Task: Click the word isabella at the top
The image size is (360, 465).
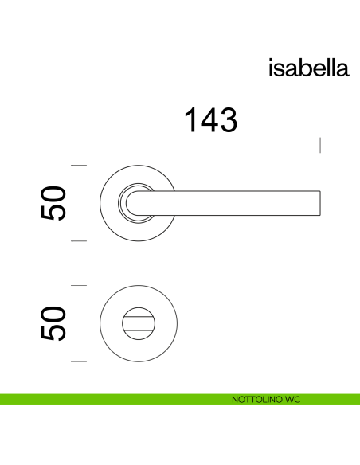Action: [x=307, y=68]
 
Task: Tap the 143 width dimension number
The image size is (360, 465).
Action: [x=211, y=120]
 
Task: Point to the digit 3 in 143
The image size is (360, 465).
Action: [x=229, y=120]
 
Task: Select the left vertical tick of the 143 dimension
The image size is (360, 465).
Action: [x=100, y=145]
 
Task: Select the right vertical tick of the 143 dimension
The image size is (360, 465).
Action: [x=320, y=145]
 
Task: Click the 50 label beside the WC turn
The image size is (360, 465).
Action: [x=53, y=323]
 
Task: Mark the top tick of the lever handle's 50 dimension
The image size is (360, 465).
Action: [x=79, y=165]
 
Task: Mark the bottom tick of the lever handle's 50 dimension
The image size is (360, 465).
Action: [x=79, y=240]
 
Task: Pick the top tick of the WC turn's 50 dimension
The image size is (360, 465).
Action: [x=79, y=285]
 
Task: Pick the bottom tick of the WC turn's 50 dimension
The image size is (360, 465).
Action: [x=79, y=361]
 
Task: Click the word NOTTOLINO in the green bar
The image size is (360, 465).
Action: [x=250, y=399]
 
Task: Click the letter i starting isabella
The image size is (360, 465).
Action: [x=272, y=68]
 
